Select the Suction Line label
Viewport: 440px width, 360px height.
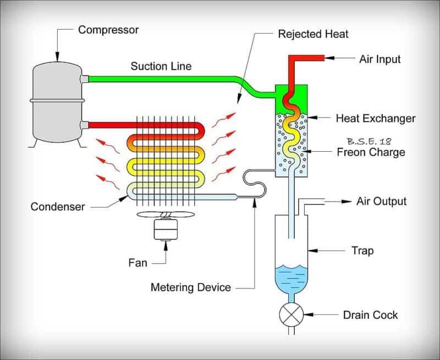coord(161,67)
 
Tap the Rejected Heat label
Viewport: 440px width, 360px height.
coord(313,34)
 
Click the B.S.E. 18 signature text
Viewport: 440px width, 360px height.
coord(369,140)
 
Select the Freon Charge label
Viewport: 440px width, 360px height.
coord(371,152)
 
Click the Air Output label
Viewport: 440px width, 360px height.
coord(381,201)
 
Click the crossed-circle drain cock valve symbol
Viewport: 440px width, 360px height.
coord(291,315)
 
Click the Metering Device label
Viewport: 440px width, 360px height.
coord(190,287)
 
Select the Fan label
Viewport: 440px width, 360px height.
coord(137,263)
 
